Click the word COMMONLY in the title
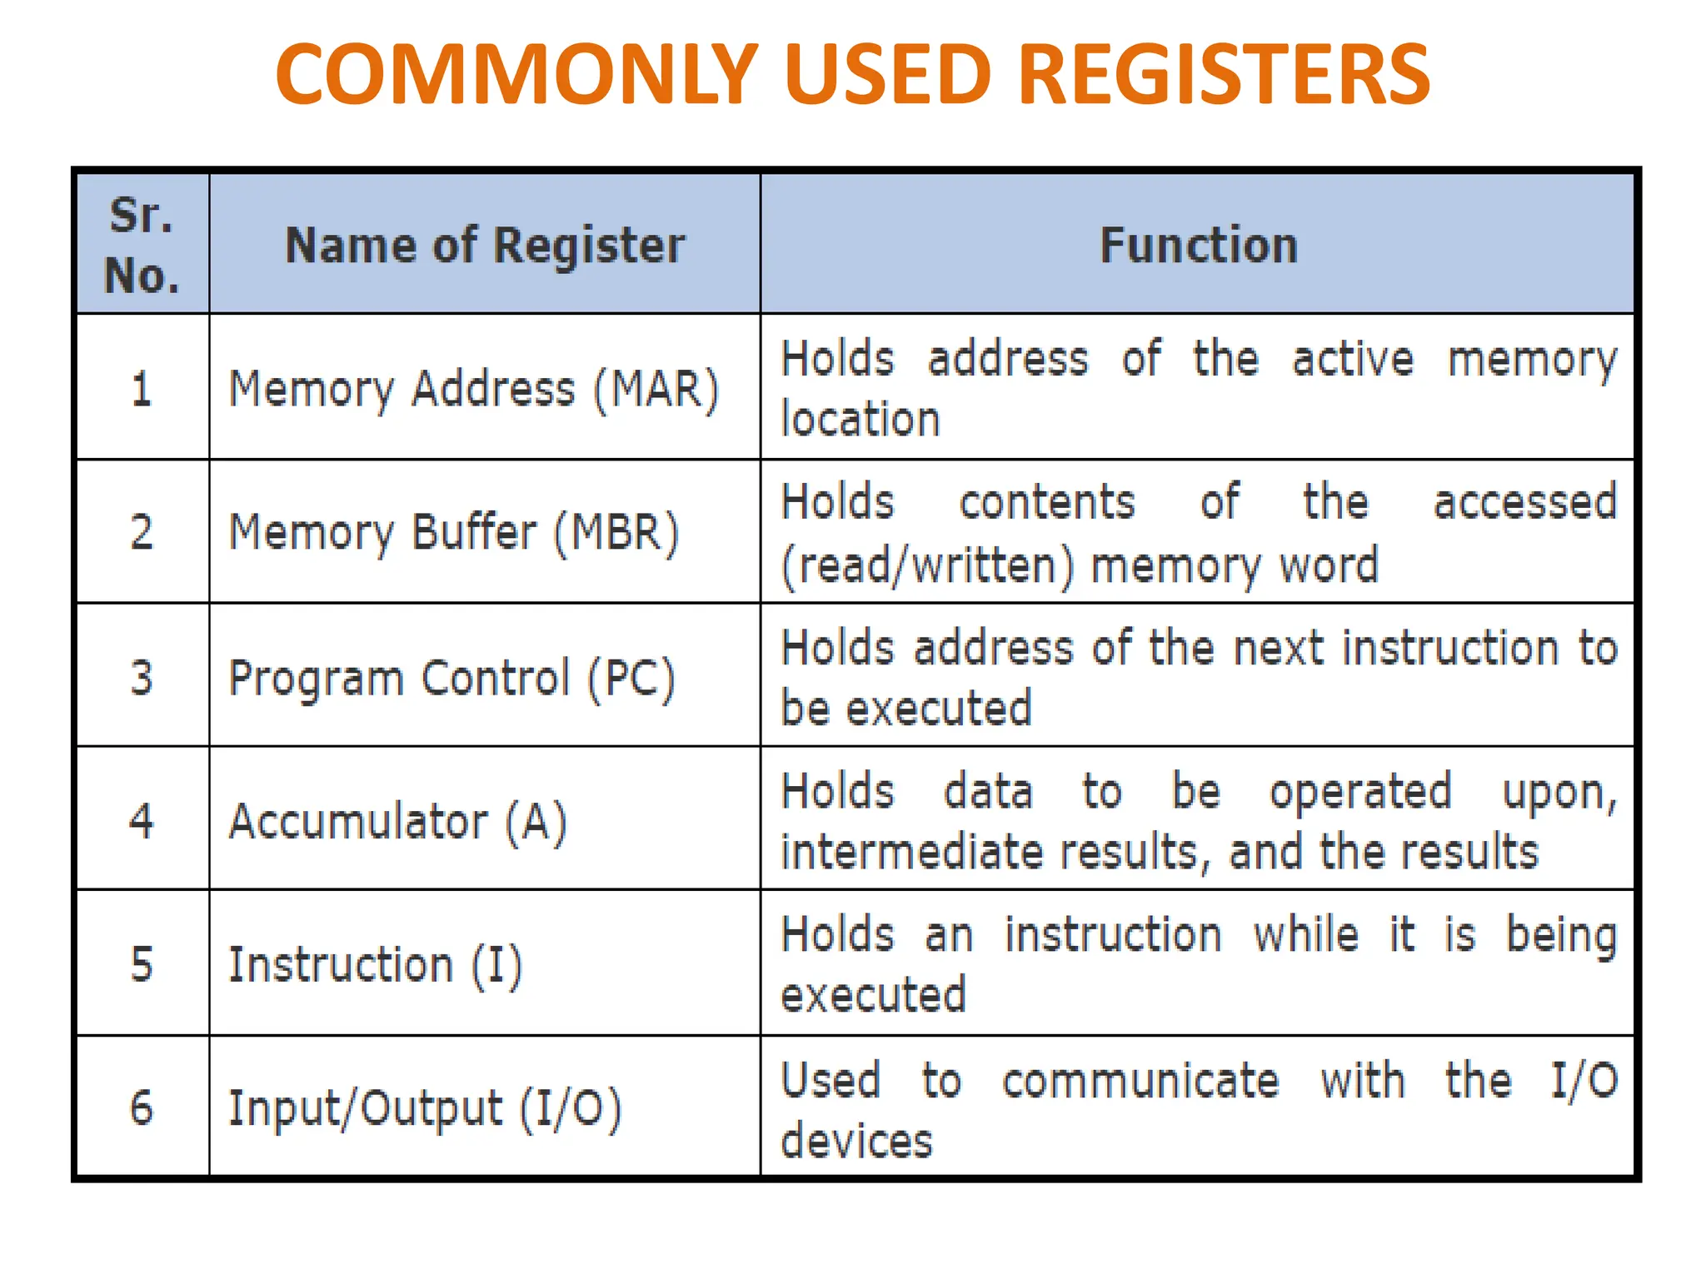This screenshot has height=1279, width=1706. pyautogui.click(x=516, y=75)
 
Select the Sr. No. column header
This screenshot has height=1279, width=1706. pyautogui.click(x=142, y=245)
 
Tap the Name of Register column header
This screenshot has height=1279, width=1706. pyautogui.click(x=485, y=245)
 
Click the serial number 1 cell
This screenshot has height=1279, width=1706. pyautogui.click(x=142, y=389)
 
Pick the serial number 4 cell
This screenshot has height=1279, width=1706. pyautogui.click(x=142, y=820)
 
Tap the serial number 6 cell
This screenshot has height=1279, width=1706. pyautogui.click(x=142, y=1107)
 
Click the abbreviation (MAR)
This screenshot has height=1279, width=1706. pyautogui.click(x=656, y=389)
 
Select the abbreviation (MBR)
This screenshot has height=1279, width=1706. pyautogui.click(x=616, y=532)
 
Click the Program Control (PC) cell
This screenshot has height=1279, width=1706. pyautogui.click(x=451, y=678)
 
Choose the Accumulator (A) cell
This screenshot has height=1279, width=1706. pyautogui.click(x=398, y=821)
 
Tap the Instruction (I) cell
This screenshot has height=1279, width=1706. pyautogui.click(x=375, y=964)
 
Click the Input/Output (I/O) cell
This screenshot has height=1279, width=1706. pyautogui.click(x=425, y=1108)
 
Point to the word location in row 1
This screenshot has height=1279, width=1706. pyautogui.click(x=860, y=419)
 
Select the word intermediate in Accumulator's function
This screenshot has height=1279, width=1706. pyautogui.click(x=911, y=852)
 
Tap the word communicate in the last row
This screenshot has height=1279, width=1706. pyautogui.click(x=1140, y=1081)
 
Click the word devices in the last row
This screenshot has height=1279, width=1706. pyautogui.click(x=856, y=1141)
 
